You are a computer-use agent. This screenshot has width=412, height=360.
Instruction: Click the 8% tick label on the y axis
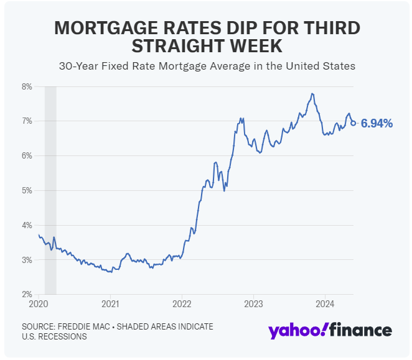click(x=27, y=86)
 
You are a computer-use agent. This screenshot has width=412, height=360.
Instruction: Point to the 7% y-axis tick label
click(x=27, y=121)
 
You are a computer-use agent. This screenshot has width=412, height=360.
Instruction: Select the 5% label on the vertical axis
click(x=27, y=190)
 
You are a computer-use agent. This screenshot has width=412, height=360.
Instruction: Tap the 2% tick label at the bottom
click(x=27, y=294)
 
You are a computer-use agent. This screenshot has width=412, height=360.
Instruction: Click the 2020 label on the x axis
click(x=39, y=305)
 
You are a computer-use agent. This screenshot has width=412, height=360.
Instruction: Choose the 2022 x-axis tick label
click(x=182, y=305)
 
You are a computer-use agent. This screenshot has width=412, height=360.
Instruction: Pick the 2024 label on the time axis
click(x=325, y=305)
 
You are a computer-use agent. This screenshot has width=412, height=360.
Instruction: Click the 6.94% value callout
click(x=377, y=124)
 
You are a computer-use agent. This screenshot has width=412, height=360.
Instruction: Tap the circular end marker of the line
click(x=353, y=123)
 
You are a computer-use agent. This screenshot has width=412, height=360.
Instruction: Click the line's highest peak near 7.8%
click(x=312, y=94)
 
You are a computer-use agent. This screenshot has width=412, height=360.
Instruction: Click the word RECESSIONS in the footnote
click(x=62, y=336)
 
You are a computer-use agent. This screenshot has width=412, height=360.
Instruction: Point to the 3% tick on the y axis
click(x=27, y=260)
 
